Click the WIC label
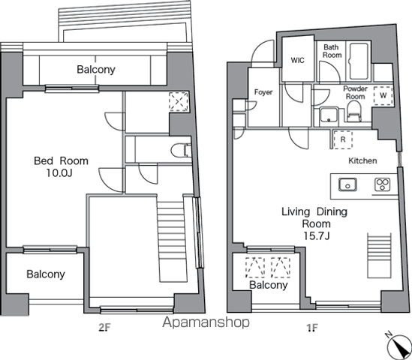(x=297, y=60)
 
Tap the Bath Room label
(x=332, y=51)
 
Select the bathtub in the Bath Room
(x=358, y=61)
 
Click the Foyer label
(x=263, y=92)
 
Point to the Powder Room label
(x=355, y=92)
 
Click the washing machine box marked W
(x=383, y=96)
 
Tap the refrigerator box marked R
(x=343, y=139)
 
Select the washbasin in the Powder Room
(x=329, y=115)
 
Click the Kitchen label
(x=362, y=160)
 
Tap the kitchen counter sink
(x=347, y=184)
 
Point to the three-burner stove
(x=382, y=184)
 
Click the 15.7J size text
(x=317, y=235)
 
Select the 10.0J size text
(x=59, y=173)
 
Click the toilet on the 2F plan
(x=181, y=151)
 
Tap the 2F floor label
(x=104, y=328)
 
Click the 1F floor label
(x=312, y=328)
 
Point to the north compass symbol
(x=398, y=346)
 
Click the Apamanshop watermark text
(x=206, y=322)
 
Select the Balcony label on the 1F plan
(x=268, y=285)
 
